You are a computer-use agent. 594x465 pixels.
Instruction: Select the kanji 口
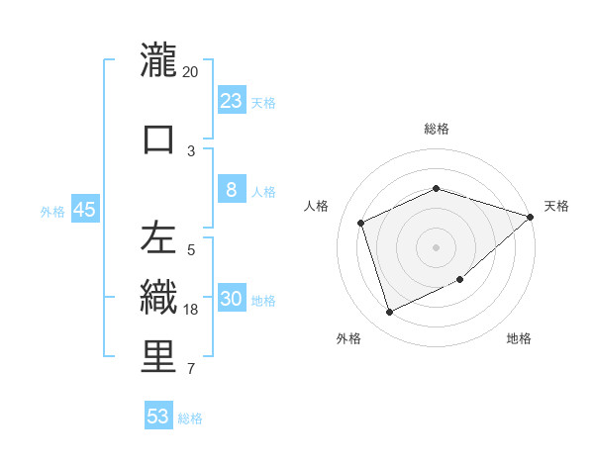[158, 139]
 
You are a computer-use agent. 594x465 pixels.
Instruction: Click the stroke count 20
[191, 72]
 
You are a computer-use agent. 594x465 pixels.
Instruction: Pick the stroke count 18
[191, 310]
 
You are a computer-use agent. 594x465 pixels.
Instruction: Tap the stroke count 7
[191, 370]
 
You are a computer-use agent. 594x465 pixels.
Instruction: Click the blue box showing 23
[232, 100]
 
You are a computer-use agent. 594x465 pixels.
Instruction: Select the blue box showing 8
[232, 190]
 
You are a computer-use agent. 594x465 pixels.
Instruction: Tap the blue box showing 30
[232, 299]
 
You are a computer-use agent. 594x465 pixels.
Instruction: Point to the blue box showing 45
[84, 210]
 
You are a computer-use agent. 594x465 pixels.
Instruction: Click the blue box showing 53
[158, 417]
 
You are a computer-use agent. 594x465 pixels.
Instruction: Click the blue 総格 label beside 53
[191, 418]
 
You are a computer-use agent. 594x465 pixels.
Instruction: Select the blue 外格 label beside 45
[52, 211]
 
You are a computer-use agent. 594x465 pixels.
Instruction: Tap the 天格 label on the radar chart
[556, 206]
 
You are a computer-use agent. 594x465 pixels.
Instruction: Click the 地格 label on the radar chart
[519, 338]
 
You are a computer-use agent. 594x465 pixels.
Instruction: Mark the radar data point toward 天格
[530, 217]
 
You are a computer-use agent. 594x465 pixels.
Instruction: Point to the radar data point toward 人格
[361, 223]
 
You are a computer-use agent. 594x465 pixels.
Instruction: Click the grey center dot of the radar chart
[436, 246]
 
